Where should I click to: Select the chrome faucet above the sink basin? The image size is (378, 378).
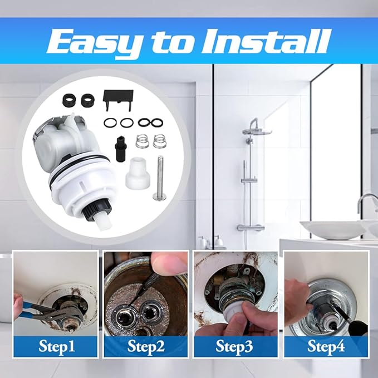tap(367, 203)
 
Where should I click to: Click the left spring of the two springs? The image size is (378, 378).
tap(144, 143)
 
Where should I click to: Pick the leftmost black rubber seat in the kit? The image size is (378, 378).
tap(68, 101)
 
